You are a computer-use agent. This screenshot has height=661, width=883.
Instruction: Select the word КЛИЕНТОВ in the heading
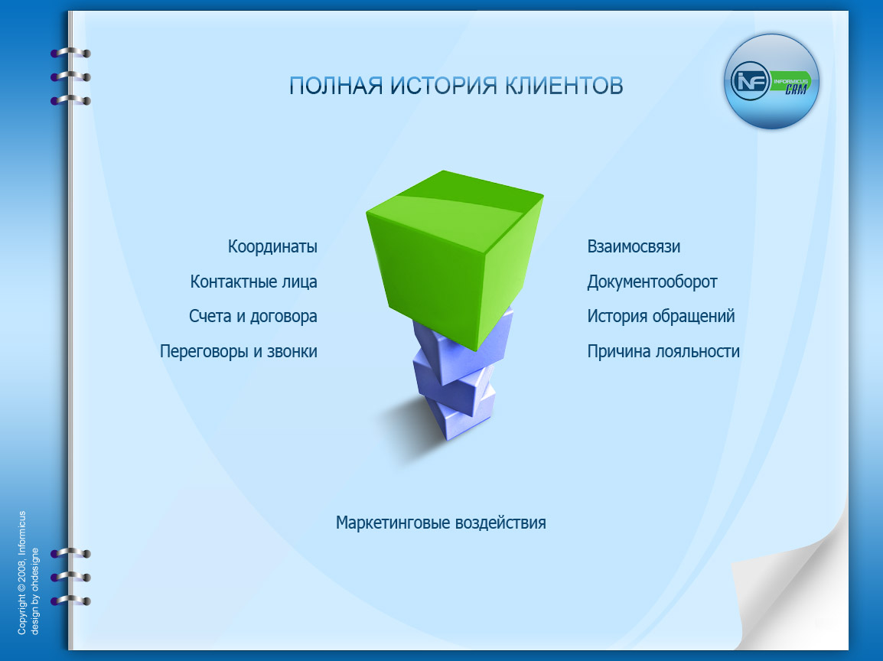point(564,86)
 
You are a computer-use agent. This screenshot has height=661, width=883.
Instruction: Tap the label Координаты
point(272,247)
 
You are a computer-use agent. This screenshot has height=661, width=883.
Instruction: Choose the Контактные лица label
point(253,282)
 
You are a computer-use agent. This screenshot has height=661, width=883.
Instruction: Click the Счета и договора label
point(253,316)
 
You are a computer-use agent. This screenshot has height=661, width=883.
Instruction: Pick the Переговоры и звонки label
point(238,351)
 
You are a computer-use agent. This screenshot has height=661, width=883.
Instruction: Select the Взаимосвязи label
point(634,247)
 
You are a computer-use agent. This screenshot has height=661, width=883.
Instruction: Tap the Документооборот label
point(652,282)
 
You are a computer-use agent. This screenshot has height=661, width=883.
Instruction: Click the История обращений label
point(661,316)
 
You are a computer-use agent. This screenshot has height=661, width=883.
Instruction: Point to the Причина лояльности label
point(663,351)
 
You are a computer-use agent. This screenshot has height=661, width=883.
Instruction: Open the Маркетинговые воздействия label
point(441,523)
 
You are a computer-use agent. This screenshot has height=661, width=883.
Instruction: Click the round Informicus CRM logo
point(771,82)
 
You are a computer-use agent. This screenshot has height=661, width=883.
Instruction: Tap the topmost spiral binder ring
point(70,54)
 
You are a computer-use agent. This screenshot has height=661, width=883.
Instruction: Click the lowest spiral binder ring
point(70,601)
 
